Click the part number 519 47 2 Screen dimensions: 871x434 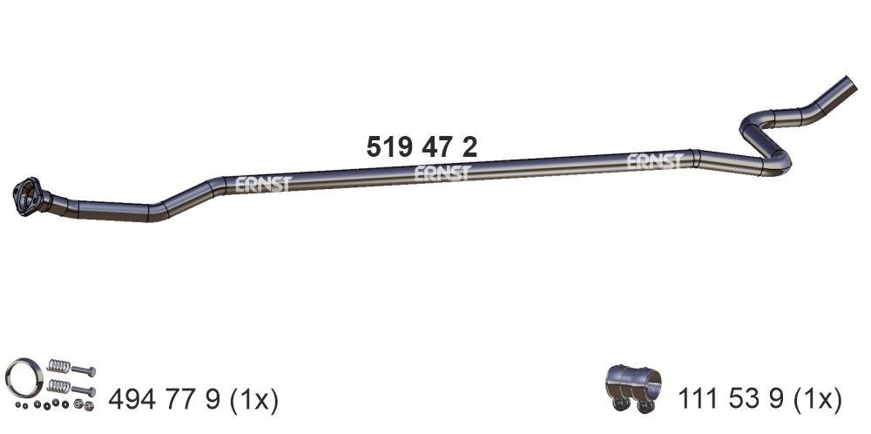[421, 147]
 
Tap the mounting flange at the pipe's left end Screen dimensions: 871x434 [27, 197]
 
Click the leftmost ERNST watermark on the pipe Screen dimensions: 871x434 [263, 184]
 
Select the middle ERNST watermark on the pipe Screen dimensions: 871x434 [442, 173]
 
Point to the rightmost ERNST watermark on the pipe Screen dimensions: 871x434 [655, 161]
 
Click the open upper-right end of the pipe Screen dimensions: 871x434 [849, 82]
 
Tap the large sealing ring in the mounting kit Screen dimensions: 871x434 [24, 378]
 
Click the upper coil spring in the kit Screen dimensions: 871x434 [59, 365]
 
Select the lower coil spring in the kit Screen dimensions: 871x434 [59, 386]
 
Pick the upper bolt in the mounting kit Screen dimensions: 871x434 [84, 370]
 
